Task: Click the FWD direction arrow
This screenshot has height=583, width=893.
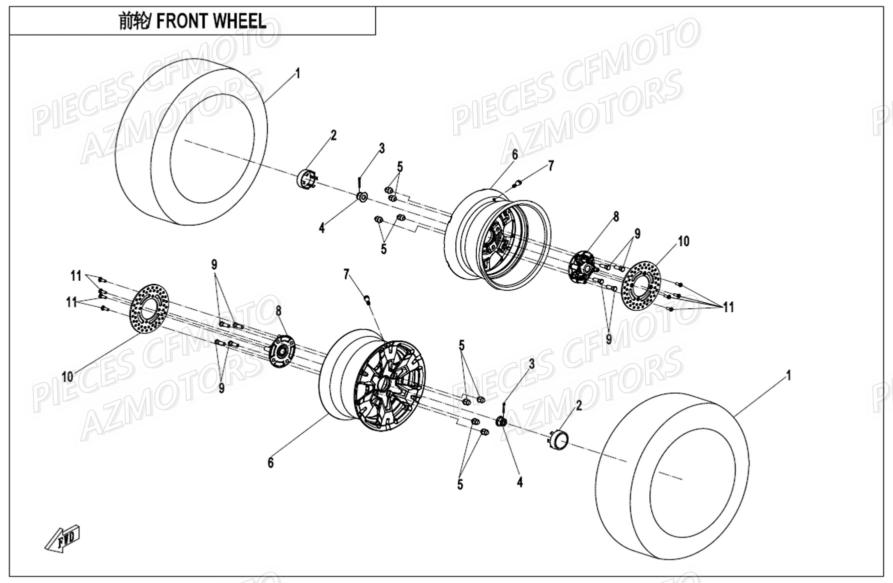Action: pos(63,539)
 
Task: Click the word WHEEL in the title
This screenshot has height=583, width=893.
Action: pos(240,21)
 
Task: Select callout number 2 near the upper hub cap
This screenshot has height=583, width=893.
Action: pos(334,135)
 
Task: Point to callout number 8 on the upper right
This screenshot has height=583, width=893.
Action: pos(616,217)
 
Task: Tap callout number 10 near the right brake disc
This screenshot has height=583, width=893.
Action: pos(683,241)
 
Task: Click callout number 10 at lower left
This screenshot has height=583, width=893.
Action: pos(67,376)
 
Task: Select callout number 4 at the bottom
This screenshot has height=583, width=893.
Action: pos(520,482)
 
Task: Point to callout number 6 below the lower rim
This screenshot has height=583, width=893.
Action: pos(271,463)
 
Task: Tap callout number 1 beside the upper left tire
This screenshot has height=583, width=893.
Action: pos(298,74)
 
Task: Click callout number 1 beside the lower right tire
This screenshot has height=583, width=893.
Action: pos(788,375)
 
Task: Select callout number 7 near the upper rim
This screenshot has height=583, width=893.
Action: pos(551,166)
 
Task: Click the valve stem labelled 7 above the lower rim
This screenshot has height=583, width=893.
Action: pos(368,299)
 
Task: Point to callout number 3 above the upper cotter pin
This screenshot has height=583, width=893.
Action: pos(382,148)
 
